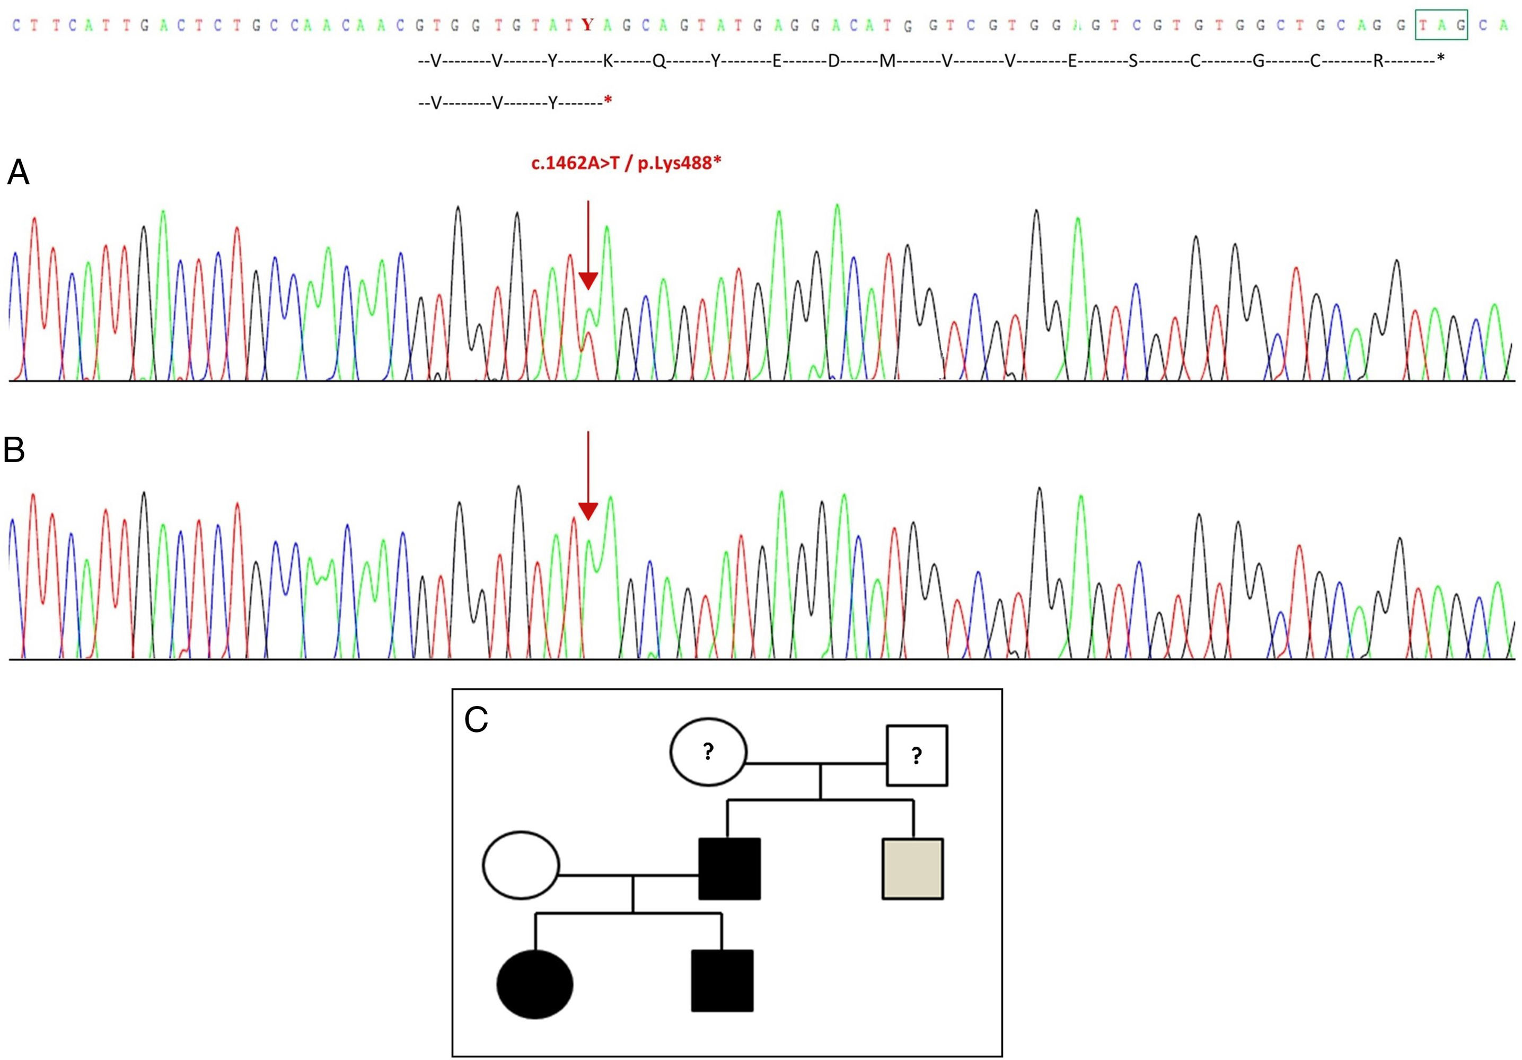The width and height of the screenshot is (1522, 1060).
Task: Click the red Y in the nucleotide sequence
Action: click(x=587, y=25)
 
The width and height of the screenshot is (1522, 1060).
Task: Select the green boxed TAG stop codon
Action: click(x=1441, y=25)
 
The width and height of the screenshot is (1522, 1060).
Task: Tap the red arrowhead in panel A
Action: click(x=588, y=280)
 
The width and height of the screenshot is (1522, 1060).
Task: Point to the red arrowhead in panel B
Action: click(x=588, y=510)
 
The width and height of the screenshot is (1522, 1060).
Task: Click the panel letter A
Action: click(x=18, y=174)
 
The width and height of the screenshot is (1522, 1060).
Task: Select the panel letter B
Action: click(x=15, y=450)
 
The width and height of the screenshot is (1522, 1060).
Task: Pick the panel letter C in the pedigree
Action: click(x=476, y=720)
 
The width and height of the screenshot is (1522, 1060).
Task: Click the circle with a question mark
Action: click(x=708, y=752)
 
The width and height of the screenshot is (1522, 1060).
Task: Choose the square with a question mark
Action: click(x=917, y=755)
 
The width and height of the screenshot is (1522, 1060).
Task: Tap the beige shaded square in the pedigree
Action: click(x=912, y=869)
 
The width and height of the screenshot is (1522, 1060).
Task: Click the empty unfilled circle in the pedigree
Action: click(x=521, y=865)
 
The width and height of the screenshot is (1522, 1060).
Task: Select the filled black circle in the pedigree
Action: click(x=535, y=984)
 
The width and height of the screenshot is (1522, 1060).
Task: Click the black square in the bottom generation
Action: click(x=722, y=981)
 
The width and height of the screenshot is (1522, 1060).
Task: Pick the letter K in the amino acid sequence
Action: click(x=607, y=61)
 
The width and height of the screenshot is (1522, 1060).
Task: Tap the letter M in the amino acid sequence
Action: click(x=887, y=61)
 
